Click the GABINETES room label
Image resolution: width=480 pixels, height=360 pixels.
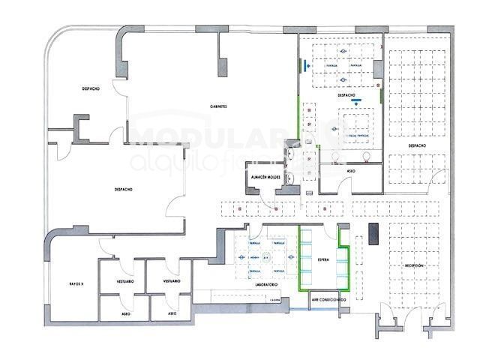218,106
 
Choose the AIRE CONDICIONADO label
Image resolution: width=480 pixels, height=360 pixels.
329,300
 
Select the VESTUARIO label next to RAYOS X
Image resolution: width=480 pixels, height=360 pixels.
125,280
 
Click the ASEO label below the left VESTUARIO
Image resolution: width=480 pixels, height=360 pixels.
125,313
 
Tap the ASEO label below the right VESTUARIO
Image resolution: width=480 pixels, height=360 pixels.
172,313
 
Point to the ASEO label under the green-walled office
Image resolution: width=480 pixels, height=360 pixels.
351,171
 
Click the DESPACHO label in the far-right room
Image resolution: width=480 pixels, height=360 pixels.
418,145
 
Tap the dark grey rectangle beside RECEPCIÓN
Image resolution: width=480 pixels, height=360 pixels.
373,234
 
